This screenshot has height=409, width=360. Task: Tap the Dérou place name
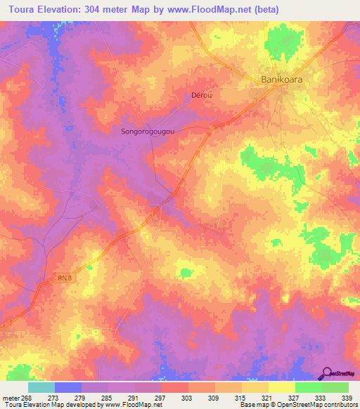(x=201, y=95)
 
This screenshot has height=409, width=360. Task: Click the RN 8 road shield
(x=65, y=278)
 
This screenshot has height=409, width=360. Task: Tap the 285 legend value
(x=108, y=397)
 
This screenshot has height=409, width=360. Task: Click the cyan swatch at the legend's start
(x=41, y=387)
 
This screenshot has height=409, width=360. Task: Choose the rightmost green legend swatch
(x=335, y=387)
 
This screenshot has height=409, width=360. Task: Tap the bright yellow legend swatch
(x=282, y=387)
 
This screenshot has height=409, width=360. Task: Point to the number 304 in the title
(x=108, y=10)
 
